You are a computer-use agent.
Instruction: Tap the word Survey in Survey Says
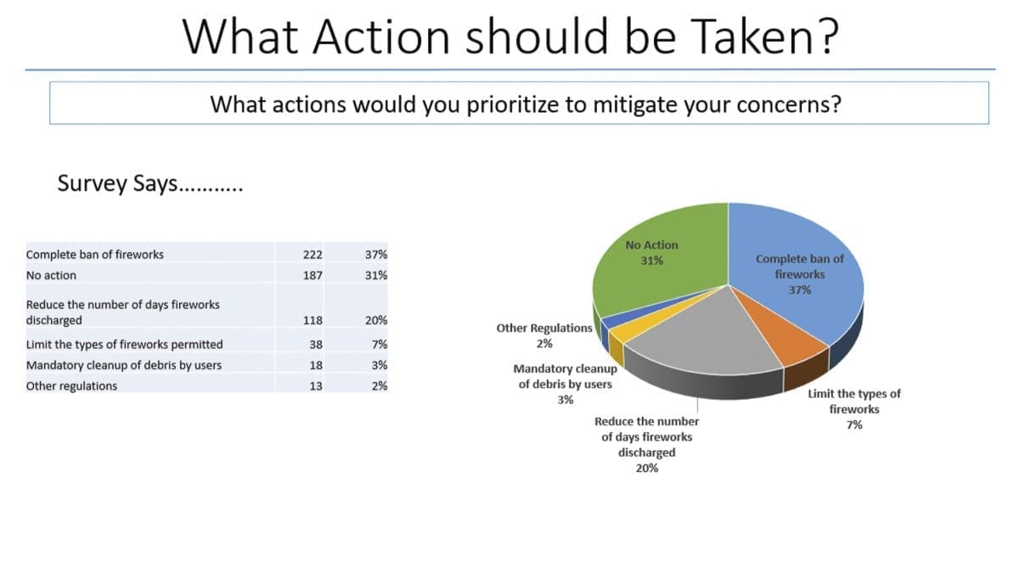click(93, 183)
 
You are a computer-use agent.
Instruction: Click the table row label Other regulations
click(71, 386)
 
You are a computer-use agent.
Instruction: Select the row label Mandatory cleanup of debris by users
click(124, 366)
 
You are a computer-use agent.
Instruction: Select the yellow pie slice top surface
click(637, 329)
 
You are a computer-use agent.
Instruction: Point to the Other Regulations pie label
click(544, 335)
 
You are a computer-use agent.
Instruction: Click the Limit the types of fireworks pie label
click(854, 409)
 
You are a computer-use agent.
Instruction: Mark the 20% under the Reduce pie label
click(647, 468)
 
